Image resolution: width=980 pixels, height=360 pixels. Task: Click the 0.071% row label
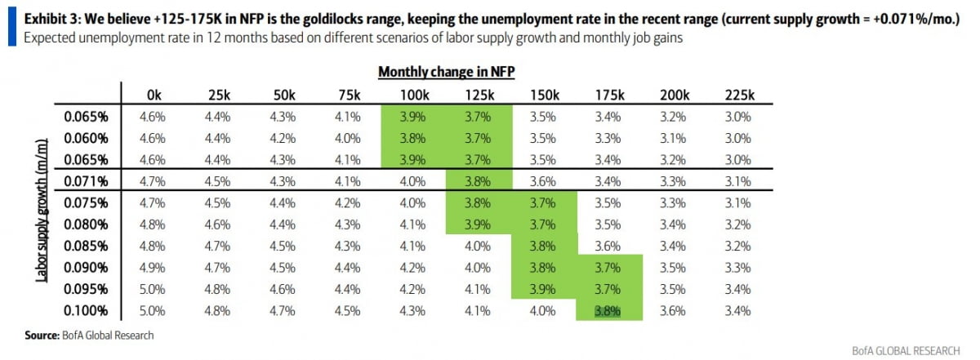tap(87, 180)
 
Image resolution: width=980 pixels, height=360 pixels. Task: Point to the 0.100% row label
tap(87, 309)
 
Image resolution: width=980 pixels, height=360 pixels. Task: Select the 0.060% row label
tap(87, 137)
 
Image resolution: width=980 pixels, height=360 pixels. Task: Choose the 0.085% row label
tap(87, 245)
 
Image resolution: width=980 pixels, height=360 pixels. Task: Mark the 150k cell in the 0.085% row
tap(544, 245)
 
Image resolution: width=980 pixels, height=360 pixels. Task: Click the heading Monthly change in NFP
tap(446, 72)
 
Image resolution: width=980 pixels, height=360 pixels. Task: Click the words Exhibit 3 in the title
tap(48, 19)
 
